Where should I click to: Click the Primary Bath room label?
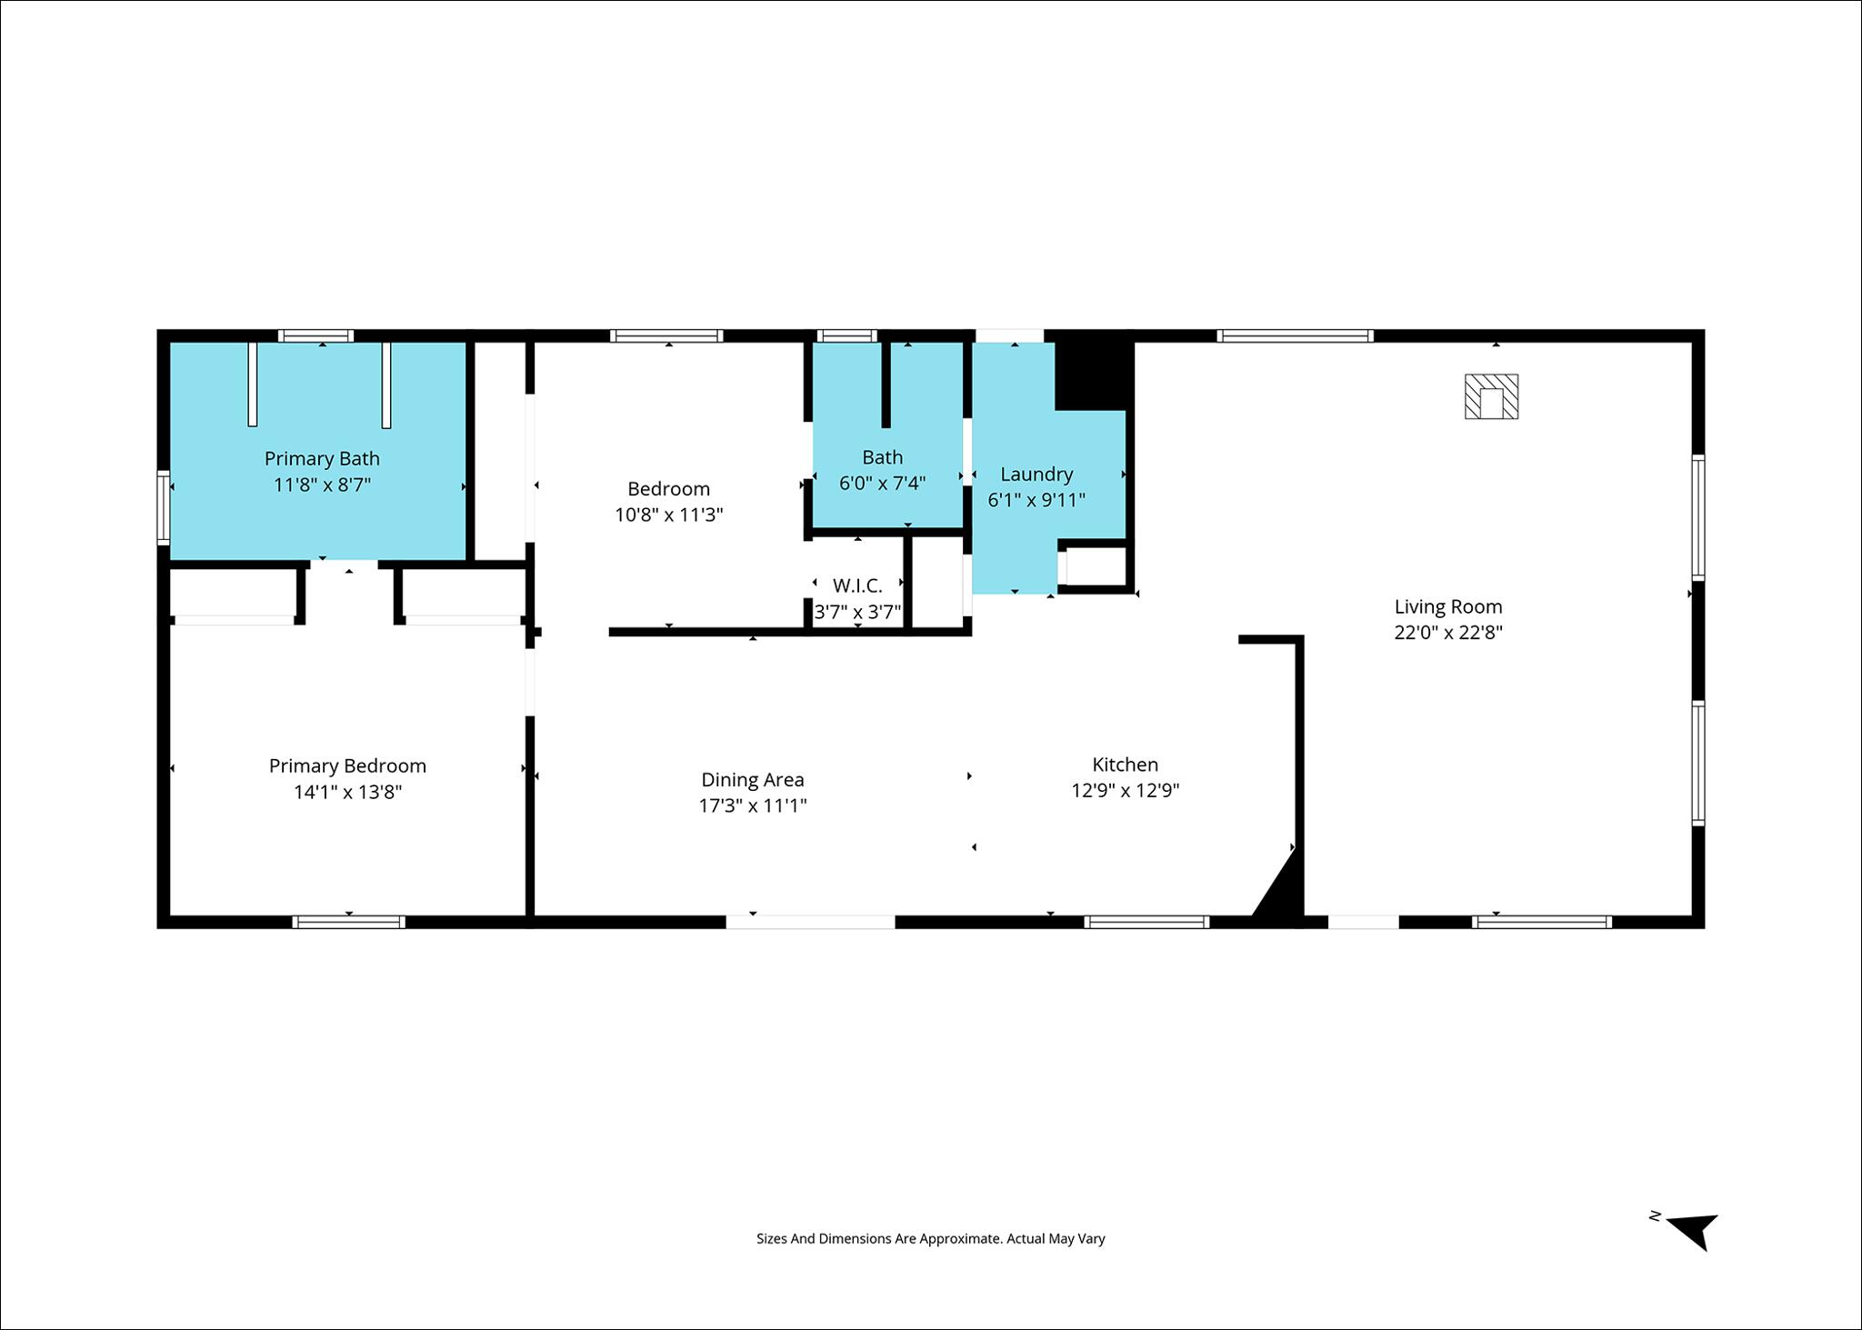[322, 458]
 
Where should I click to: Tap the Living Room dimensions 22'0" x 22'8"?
[1448, 633]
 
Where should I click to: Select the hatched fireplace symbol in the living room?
[1491, 396]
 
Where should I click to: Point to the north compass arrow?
[1693, 1231]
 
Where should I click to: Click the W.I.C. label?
[857, 586]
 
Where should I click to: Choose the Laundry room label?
[1036, 474]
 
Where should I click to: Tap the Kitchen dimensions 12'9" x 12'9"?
[1126, 791]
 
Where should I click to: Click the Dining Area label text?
[753, 779]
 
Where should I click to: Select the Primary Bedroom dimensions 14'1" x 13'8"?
[347, 792]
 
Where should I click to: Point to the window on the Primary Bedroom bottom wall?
[349, 922]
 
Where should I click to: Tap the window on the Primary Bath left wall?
[164, 507]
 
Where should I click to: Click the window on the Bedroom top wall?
[666, 335]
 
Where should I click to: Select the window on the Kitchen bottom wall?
[1146, 922]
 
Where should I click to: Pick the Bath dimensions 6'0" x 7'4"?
[882, 483]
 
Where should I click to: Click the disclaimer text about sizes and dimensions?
[931, 1238]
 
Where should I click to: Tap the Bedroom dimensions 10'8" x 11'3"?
[669, 515]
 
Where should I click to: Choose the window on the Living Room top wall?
[1295, 335]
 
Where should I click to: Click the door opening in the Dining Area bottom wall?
[810, 922]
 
